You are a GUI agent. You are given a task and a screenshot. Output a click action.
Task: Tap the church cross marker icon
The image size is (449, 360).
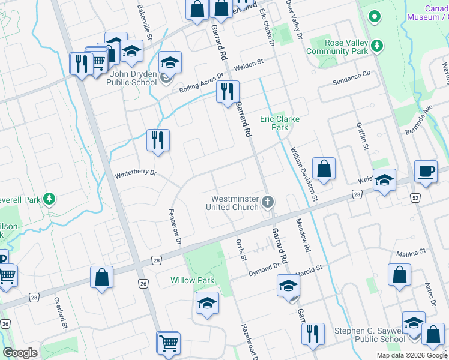coord(268,203)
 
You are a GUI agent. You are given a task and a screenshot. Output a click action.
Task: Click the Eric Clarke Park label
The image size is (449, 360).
coord(279,123)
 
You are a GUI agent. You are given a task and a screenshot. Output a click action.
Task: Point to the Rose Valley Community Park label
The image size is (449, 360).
coord(337,47)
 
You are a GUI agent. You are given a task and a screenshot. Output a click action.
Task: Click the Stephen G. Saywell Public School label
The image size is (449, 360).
coord(370,335)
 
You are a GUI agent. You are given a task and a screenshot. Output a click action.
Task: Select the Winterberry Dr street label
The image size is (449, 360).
coord(136,174)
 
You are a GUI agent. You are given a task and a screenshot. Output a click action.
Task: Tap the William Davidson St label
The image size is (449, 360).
coord(304,174)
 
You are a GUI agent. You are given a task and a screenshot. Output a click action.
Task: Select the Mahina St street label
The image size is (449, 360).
coord(410,252)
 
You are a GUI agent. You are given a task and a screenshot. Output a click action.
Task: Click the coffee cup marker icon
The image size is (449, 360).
coord(426,171)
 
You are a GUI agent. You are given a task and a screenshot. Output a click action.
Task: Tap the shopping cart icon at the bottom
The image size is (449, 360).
coord(169,343)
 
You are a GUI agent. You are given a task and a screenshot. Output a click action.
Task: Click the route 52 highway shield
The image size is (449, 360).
coord(416,197)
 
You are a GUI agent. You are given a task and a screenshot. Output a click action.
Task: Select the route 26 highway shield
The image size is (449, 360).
coord(142,283)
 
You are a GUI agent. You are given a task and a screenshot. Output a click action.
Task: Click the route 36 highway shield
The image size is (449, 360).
coord(5,324)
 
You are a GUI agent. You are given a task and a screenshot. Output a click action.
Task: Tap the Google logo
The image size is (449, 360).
coord(20,353)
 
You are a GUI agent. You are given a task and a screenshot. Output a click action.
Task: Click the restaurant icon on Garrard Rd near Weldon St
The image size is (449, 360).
coord(228,91)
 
